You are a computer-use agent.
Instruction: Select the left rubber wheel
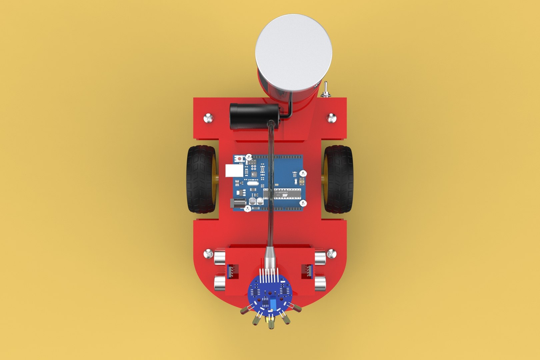coord(201,179)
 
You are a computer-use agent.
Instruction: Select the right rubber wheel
coord(338,179)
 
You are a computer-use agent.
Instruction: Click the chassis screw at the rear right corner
coord(332,118)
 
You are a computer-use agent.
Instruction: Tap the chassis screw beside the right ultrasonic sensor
coord(331,254)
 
